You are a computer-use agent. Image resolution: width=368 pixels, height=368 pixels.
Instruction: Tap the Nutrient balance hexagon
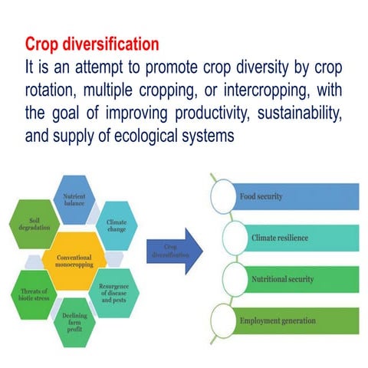(74, 201)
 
